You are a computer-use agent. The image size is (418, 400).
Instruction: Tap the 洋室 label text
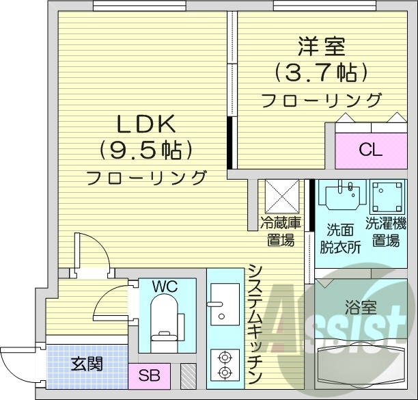tap(321, 47)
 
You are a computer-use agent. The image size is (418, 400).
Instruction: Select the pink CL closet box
tap(370, 150)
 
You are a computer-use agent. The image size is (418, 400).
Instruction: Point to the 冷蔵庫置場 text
tap(280, 230)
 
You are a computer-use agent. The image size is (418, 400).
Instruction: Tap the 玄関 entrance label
tap(87, 363)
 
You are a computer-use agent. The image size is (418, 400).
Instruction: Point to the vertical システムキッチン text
tap(255, 321)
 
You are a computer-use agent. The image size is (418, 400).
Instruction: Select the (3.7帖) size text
tap(321, 72)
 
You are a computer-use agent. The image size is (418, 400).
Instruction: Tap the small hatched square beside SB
tap(188, 375)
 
